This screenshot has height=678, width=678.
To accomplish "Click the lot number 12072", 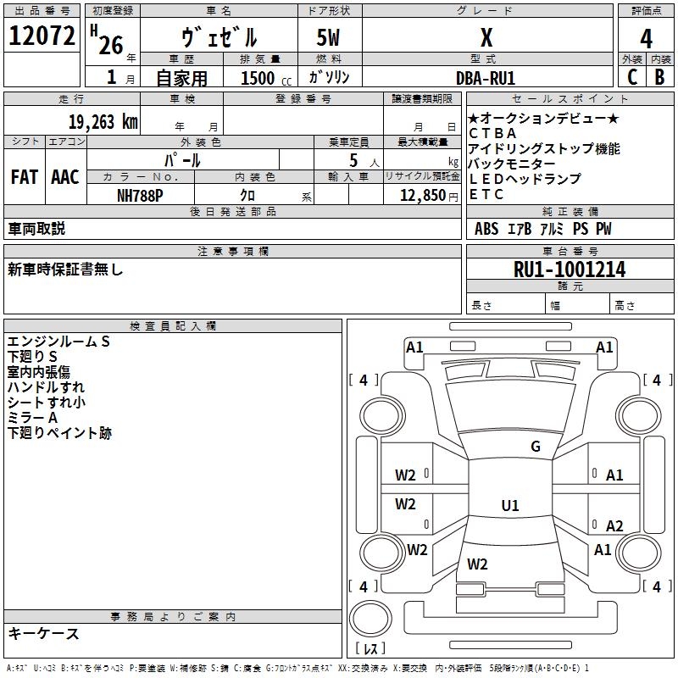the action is [42, 36].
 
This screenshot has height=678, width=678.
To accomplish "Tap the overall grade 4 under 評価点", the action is [646, 39].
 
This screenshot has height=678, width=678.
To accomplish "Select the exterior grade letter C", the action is [632, 77].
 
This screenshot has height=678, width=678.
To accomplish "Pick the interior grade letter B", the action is [659, 77].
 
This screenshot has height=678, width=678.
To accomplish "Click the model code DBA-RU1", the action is [486, 78].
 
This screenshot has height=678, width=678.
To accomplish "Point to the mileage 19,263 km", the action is [103, 122].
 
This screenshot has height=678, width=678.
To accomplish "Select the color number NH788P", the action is [140, 196].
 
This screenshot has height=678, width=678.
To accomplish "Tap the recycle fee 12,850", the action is [422, 196].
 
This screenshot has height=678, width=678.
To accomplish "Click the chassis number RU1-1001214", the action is [570, 270].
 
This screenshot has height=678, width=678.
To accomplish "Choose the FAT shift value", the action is [25, 177].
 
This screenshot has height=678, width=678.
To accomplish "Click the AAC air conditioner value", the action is [65, 177].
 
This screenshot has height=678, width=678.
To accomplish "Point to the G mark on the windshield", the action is [536, 446].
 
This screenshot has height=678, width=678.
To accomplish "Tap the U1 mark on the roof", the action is [510, 505].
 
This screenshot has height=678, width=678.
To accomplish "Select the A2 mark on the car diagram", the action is [614, 525].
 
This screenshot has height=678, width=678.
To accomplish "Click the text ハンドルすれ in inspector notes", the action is [46, 387].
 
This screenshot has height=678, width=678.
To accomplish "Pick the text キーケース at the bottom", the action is [43, 633].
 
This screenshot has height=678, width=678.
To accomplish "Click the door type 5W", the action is [328, 37].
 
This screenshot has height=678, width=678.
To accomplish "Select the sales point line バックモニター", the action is [512, 164].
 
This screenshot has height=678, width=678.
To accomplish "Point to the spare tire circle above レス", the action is [370, 618].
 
